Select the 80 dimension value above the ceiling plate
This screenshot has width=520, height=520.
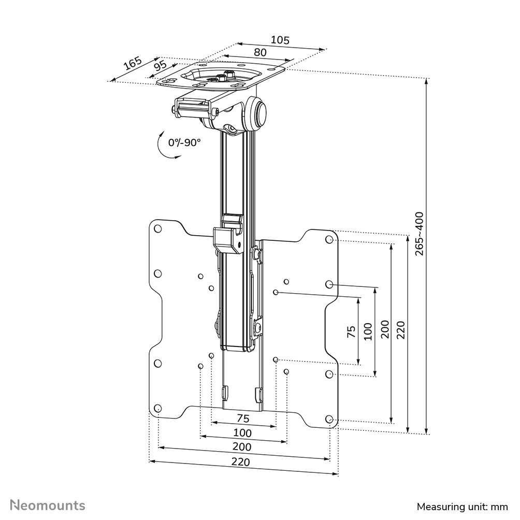(260, 52)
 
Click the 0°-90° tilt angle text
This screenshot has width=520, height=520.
(184, 142)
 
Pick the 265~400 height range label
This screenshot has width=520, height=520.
(419, 233)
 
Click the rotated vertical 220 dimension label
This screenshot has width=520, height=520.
(401, 329)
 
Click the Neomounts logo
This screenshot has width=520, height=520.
(48, 505)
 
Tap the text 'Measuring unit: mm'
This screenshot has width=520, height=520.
(463, 506)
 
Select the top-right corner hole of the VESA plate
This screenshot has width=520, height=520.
(329, 240)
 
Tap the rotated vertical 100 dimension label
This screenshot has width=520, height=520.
(368, 330)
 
